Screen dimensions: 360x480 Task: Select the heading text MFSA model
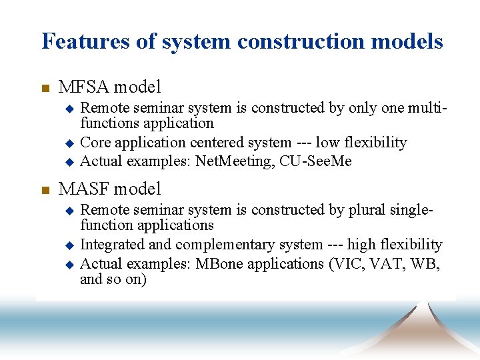pos(109,87)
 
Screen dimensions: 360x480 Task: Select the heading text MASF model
pos(109,189)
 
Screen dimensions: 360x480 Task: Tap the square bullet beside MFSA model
pos(45,88)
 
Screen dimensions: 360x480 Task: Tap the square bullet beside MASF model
pos(45,190)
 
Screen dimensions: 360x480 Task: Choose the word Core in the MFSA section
pos(94,143)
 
